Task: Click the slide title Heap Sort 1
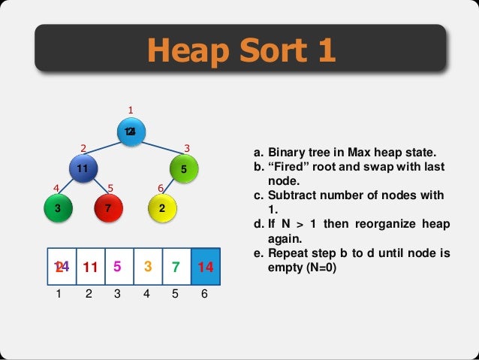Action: tap(240, 50)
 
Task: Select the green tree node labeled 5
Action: tap(183, 170)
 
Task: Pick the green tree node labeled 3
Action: tap(58, 208)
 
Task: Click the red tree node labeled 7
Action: tap(108, 208)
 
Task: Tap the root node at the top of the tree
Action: tap(131, 132)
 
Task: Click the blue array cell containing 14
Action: tap(206, 267)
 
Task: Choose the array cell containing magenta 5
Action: tap(119, 267)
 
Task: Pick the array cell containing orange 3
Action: tap(148, 267)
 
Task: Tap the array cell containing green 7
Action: tap(176, 267)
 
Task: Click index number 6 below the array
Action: tap(205, 295)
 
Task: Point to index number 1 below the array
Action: tap(60, 295)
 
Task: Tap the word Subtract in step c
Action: tap(292, 195)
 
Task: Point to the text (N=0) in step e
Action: tap(321, 265)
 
